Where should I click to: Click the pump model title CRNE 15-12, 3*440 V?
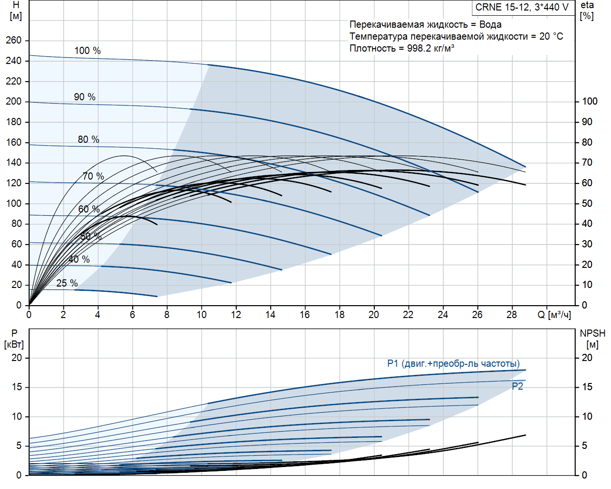pyautogui.click(x=522, y=7)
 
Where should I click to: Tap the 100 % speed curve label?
pyautogui.click(x=87, y=51)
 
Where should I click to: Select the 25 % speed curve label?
pyautogui.click(x=67, y=283)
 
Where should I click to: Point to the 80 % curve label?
pyautogui.click(x=88, y=139)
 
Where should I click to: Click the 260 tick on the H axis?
pyautogui.click(x=14, y=40)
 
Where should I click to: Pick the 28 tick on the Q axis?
pyautogui.click(x=512, y=315)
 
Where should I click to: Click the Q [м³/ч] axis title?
pyautogui.click(x=554, y=315)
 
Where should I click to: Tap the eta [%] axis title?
pyautogui.click(x=587, y=11)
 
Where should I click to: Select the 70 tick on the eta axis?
pyautogui.click(x=587, y=163)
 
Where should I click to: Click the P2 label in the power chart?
pyautogui.click(x=517, y=386)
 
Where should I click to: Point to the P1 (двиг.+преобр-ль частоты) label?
pyautogui.click(x=453, y=364)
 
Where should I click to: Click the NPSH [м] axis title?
pyautogui.click(x=592, y=339)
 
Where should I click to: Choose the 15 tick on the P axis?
pyautogui.click(x=17, y=387)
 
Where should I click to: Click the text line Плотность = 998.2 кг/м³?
pyautogui.click(x=402, y=48)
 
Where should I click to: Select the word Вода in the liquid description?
pyautogui.click(x=490, y=24)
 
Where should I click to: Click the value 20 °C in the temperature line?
pyautogui.click(x=551, y=36)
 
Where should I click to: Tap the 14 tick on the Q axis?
pyautogui.click(x=270, y=315)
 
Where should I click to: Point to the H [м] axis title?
pyautogui.click(x=16, y=11)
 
